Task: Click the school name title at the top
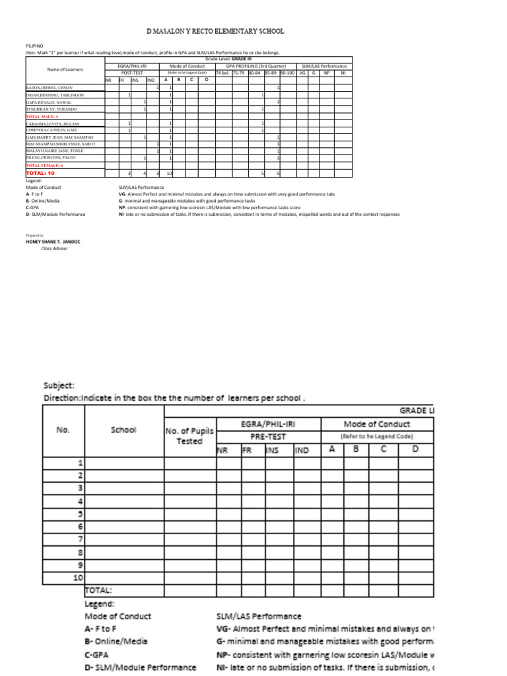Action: pos(216,32)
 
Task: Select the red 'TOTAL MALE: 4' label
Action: pos(42,116)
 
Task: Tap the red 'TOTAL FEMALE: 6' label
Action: pos(45,165)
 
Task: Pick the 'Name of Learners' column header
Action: pos(65,69)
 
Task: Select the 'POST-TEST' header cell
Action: pos(131,73)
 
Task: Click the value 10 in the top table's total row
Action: pos(169,173)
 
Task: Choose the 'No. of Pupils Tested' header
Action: pos(187,436)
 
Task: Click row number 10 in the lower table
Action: pos(77,577)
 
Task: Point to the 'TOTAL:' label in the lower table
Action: pos(98,590)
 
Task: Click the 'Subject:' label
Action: pos(59,386)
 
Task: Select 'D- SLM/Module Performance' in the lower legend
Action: pos(140,667)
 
